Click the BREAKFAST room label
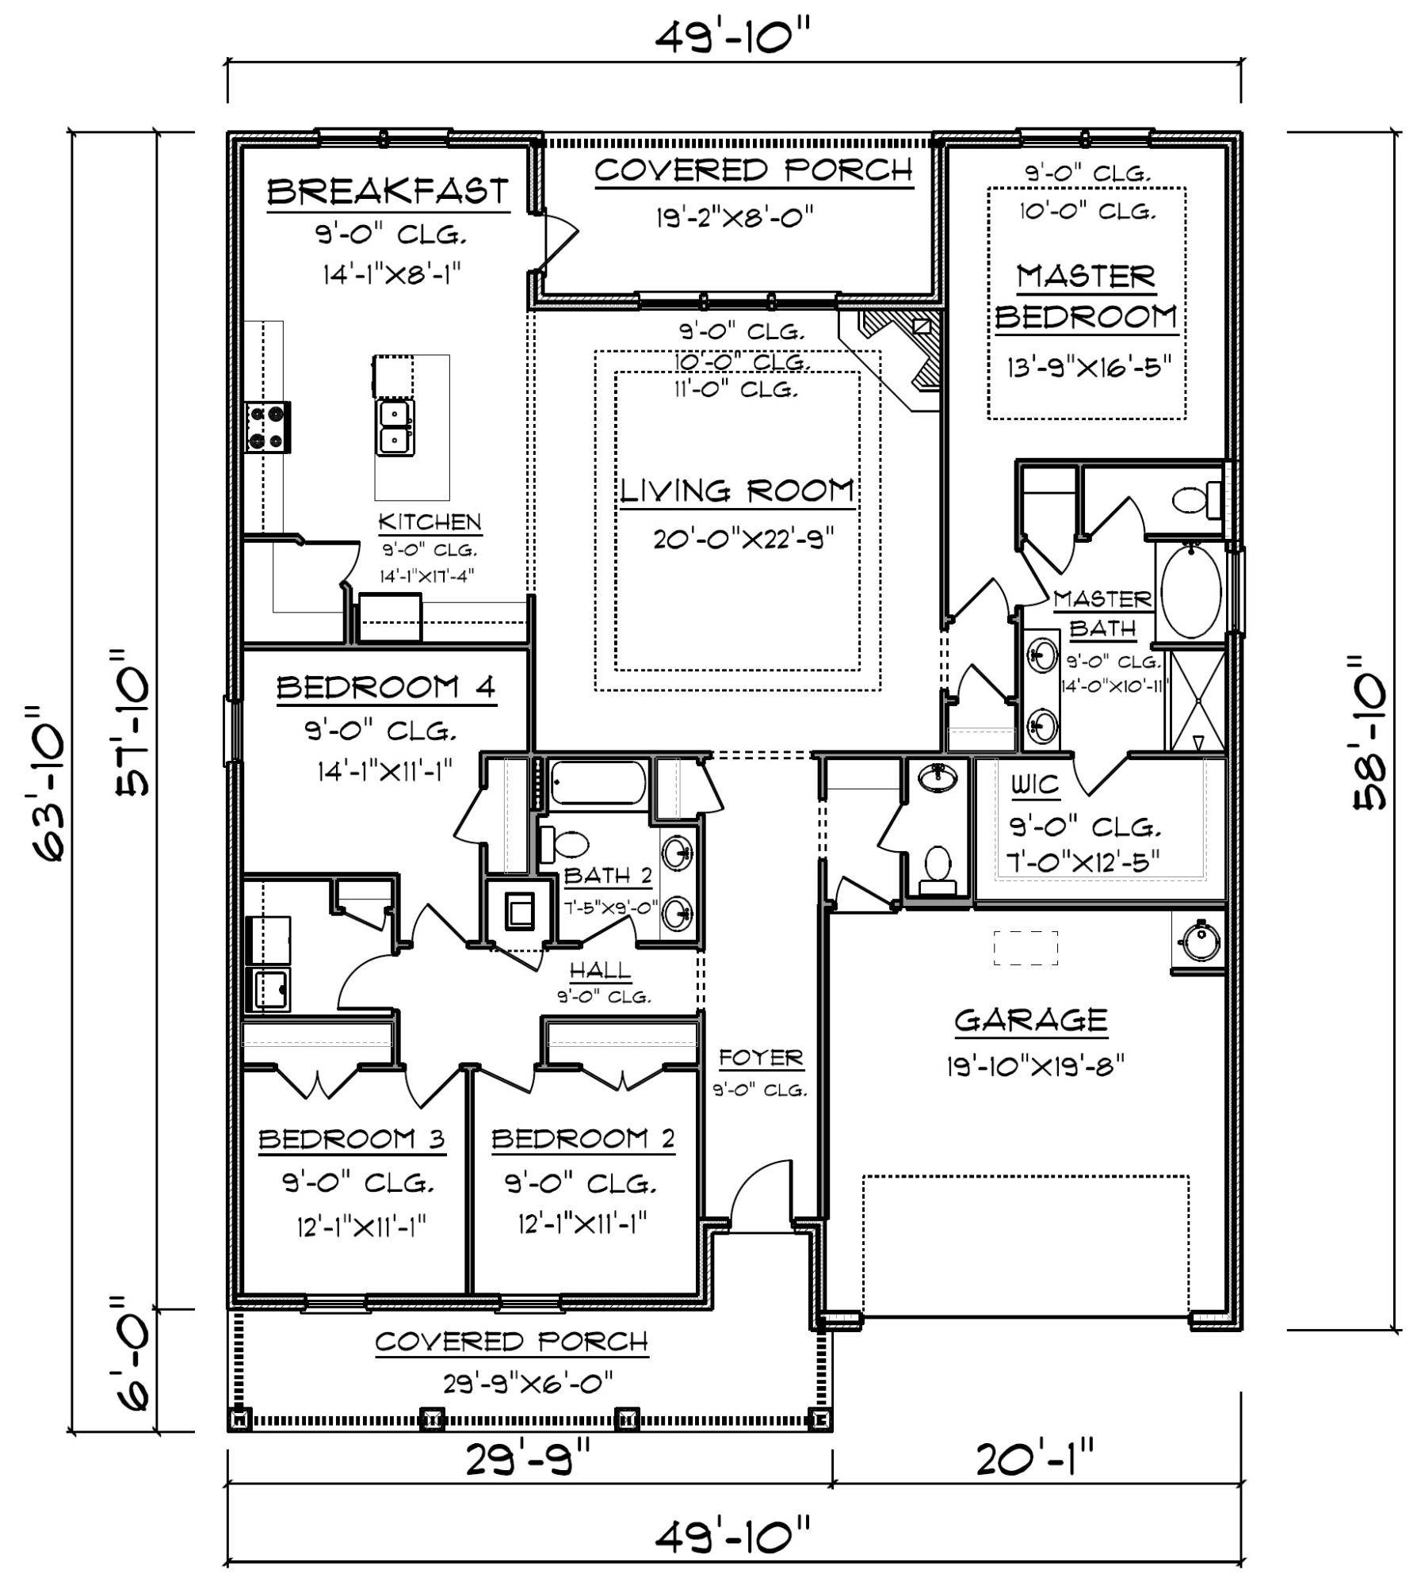click(x=388, y=192)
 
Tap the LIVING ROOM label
click(x=737, y=491)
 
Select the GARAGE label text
click(x=1030, y=1020)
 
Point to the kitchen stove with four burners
click(x=268, y=427)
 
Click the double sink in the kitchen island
click(x=395, y=428)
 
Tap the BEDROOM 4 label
click(x=386, y=687)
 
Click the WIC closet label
click(x=1035, y=785)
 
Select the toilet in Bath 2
click(x=562, y=845)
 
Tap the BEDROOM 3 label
click(x=352, y=1139)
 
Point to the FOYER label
click(x=761, y=1058)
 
